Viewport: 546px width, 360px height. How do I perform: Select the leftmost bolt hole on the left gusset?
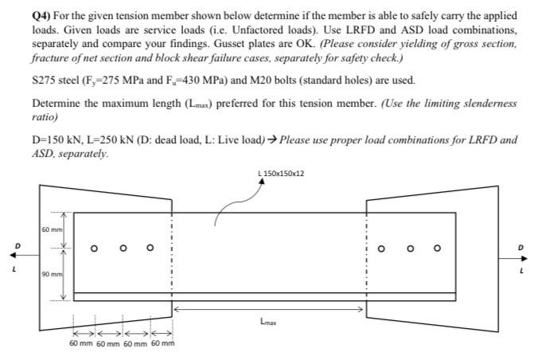pyautogui.click(x=94, y=248)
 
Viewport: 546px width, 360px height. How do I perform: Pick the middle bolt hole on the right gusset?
pyautogui.click(x=411, y=248)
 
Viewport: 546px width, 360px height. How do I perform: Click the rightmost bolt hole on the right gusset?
pyautogui.click(x=437, y=248)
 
